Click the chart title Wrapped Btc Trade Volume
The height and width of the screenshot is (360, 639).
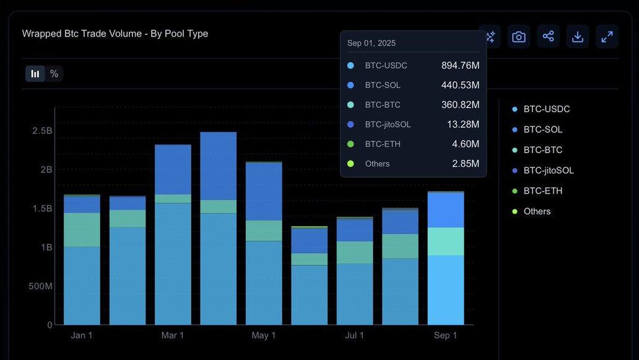click(x=115, y=33)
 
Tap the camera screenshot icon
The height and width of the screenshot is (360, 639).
click(x=519, y=37)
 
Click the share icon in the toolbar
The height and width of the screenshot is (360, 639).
click(x=548, y=37)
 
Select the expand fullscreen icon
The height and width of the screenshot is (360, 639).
click(x=607, y=37)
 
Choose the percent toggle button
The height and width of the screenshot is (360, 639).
click(x=54, y=74)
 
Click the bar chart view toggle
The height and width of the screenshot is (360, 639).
click(x=35, y=74)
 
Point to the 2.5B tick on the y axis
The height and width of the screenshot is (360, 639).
click(x=42, y=131)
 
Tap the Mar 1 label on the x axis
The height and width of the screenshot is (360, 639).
click(x=173, y=335)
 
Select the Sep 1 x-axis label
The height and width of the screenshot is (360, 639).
click(x=446, y=335)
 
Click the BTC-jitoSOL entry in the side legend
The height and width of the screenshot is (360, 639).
click(x=548, y=170)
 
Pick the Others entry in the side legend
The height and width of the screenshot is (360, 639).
click(x=536, y=211)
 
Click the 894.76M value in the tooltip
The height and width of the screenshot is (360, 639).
click(x=460, y=65)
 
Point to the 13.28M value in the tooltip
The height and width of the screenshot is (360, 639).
click(x=463, y=125)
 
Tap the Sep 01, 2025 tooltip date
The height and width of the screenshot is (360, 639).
click(x=372, y=43)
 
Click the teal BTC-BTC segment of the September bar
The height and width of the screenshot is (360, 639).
click(x=446, y=242)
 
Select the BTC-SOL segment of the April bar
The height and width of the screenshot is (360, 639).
click(x=218, y=165)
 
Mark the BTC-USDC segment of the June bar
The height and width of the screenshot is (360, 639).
click(x=309, y=295)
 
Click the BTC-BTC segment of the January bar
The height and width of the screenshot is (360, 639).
click(x=82, y=230)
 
